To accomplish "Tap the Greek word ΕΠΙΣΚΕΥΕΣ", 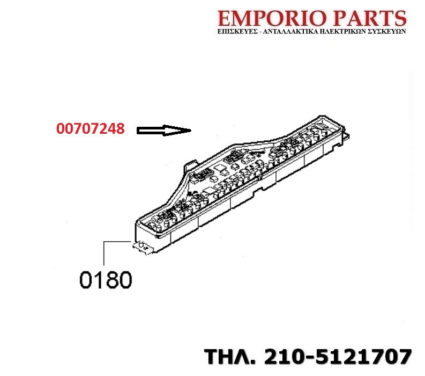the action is point(237,31).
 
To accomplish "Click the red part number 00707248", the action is point(91,128).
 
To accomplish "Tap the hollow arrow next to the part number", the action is point(164,131).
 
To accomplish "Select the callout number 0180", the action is point(106,280).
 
